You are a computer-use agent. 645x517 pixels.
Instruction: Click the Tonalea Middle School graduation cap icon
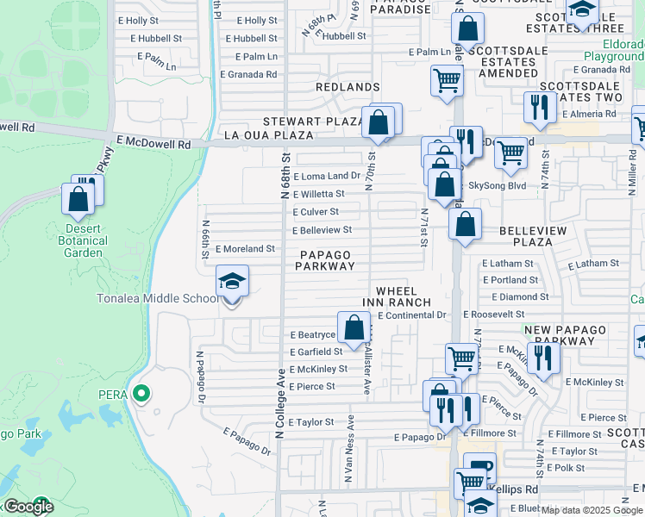[x=232, y=281]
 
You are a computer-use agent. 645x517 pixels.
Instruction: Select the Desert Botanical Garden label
[x=84, y=240]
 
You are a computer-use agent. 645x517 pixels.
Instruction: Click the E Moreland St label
[x=245, y=248]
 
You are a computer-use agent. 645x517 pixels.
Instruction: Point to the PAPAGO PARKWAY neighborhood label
[x=326, y=260]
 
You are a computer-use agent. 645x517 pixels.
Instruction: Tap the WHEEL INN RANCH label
[x=403, y=297]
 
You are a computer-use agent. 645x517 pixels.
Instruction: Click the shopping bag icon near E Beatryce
[x=354, y=327]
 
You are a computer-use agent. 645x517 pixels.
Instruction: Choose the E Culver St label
[x=316, y=212]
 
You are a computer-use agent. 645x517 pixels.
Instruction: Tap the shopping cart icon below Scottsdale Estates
[x=447, y=82]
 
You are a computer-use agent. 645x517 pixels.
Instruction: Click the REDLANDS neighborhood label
[x=348, y=87]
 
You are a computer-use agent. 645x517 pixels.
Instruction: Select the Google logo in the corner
[x=28, y=507]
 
